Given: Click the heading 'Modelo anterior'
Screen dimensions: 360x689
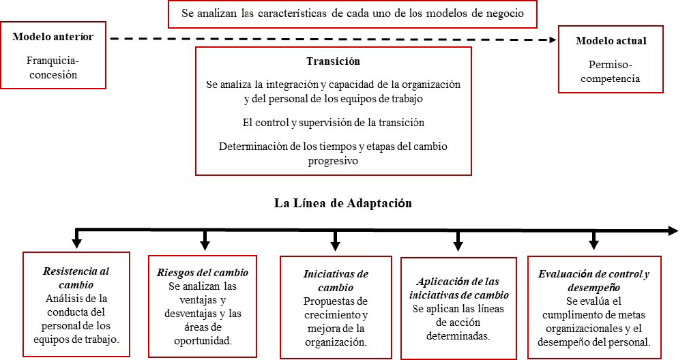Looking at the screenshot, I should (53, 36).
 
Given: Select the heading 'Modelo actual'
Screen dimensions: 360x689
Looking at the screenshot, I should (611, 41).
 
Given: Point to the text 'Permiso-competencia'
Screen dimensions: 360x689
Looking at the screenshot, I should (611, 71).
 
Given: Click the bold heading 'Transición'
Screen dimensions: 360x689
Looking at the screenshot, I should (333, 61).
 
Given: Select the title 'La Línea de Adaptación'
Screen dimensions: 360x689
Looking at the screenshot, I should (343, 202).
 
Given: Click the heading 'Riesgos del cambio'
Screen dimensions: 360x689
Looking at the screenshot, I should (202, 273).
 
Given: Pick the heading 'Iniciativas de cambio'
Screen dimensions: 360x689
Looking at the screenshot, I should (336, 280).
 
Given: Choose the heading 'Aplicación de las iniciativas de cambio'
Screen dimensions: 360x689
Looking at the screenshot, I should (458, 288).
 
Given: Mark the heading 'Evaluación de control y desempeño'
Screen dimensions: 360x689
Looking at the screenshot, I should (593, 280).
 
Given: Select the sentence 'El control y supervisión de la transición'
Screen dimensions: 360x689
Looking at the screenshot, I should (333, 123).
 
